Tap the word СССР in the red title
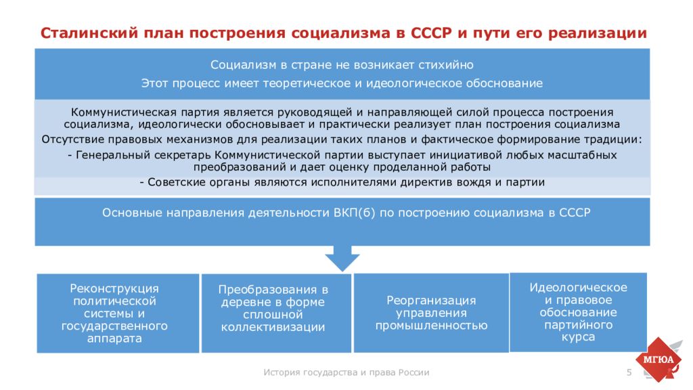(x=431, y=33)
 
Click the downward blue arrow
(x=342, y=258)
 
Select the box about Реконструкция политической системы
(x=118, y=313)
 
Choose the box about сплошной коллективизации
(x=276, y=313)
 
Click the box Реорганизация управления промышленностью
(x=431, y=313)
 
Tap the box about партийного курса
(x=578, y=312)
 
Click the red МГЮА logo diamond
(x=658, y=360)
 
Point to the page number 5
(x=629, y=373)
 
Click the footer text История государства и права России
(x=346, y=372)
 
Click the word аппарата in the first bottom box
(x=114, y=339)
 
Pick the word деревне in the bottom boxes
(x=245, y=303)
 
